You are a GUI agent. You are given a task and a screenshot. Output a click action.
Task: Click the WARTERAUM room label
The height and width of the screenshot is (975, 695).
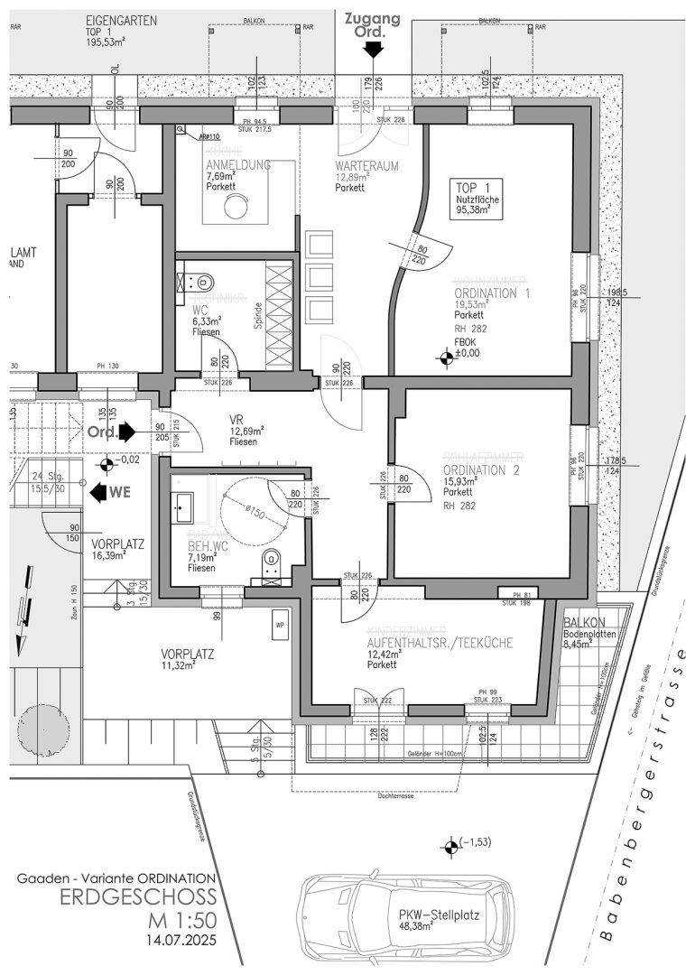point(367,168)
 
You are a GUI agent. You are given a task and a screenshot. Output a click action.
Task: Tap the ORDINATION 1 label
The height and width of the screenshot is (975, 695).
point(491,292)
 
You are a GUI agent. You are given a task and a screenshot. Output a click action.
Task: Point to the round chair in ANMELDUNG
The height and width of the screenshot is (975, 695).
point(237,207)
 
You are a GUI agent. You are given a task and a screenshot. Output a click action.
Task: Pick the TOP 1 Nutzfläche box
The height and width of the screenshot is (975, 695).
point(473,198)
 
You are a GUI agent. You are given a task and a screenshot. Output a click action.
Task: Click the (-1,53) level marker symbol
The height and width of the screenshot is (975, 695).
point(450,847)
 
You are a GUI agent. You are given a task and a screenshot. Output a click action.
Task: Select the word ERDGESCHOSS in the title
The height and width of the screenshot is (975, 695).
point(137,898)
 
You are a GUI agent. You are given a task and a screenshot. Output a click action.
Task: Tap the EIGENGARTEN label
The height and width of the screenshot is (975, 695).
point(122,19)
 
